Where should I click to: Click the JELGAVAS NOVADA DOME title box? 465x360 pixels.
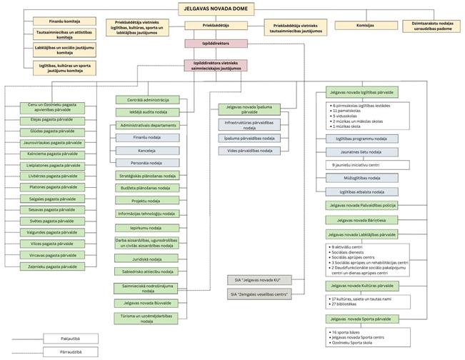(217, 9)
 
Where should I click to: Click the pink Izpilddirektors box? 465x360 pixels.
(217, 44)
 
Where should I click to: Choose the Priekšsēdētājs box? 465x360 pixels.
(217, 26)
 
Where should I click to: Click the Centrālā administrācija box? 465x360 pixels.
(149, 100)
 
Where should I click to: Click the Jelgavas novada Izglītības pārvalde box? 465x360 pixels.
(362, 93)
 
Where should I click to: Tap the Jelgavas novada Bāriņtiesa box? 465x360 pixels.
(362, 220)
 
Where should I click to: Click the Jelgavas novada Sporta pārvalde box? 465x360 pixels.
(362, 319)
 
